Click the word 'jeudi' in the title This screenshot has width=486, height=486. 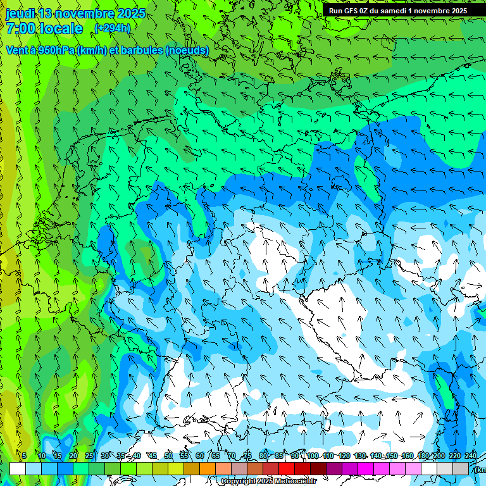coord(20,13)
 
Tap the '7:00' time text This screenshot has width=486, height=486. coord(22,28)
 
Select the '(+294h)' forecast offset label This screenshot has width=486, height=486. coord(112,28)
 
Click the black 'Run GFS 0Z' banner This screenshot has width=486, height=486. coord(398,11)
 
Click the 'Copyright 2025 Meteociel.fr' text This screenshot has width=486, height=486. coord(268,482)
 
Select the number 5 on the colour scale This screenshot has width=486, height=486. coord(24,456)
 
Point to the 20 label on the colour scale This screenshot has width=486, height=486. coord(73,456)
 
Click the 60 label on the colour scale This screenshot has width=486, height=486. coord(199,456)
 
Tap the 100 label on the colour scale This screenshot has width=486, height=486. coord(312,456)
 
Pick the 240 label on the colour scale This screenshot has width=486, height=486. coord(470,456)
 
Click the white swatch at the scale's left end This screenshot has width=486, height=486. coord(18,468)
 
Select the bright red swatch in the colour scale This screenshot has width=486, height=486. coord(287,468)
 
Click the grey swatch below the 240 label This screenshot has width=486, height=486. coord(461,468)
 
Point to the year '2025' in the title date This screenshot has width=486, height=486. coord(131,13)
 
